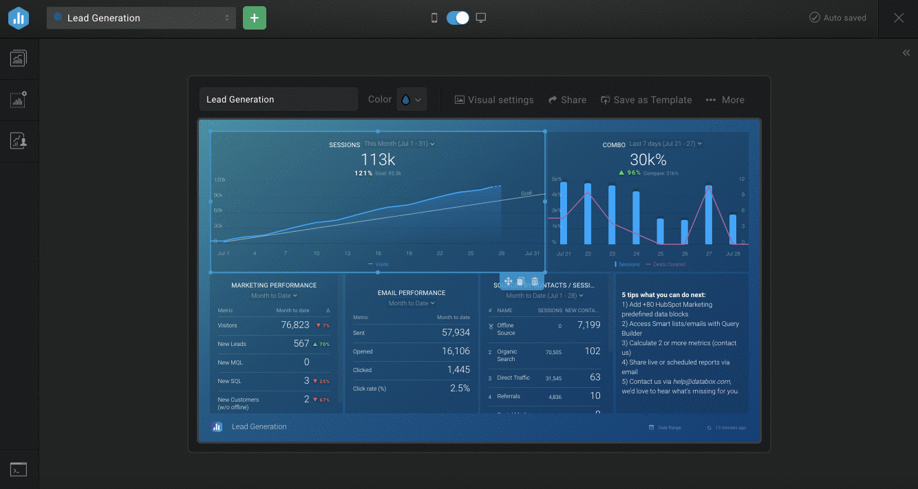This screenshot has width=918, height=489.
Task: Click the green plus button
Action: click(x=255, y=18)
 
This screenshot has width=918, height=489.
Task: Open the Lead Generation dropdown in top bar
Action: click(x=141, y=18)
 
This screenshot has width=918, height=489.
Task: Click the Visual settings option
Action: click(x=494, y=100)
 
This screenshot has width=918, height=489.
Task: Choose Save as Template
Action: click(x=646, y=100)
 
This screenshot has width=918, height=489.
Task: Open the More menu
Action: click(x=725, y=100)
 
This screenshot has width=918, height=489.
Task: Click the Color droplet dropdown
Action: click(x=412, y=100)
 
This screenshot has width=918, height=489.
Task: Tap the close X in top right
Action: click(x=899, y=18)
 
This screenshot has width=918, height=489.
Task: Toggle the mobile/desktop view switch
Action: click(x=458, y=18)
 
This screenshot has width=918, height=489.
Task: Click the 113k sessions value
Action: click(x=378, y=160)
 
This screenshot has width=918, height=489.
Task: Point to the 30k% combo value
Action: click(x=648, y=160)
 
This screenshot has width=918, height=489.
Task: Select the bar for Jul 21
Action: click(x=564, y=213)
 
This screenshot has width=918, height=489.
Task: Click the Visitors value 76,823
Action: click(x=295, y=325)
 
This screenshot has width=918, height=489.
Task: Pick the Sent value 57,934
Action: click(x=456, y=332)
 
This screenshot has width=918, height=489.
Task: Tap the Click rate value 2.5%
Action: click(x=460, y=388)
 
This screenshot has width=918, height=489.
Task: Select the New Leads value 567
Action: click(x=301, y=343)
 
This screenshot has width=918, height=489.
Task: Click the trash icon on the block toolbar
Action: click(x=535, y=281)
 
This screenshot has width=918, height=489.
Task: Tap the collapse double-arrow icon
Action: click(x=906, y=53)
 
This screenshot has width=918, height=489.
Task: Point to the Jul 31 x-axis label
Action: click(x=533, y=253)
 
